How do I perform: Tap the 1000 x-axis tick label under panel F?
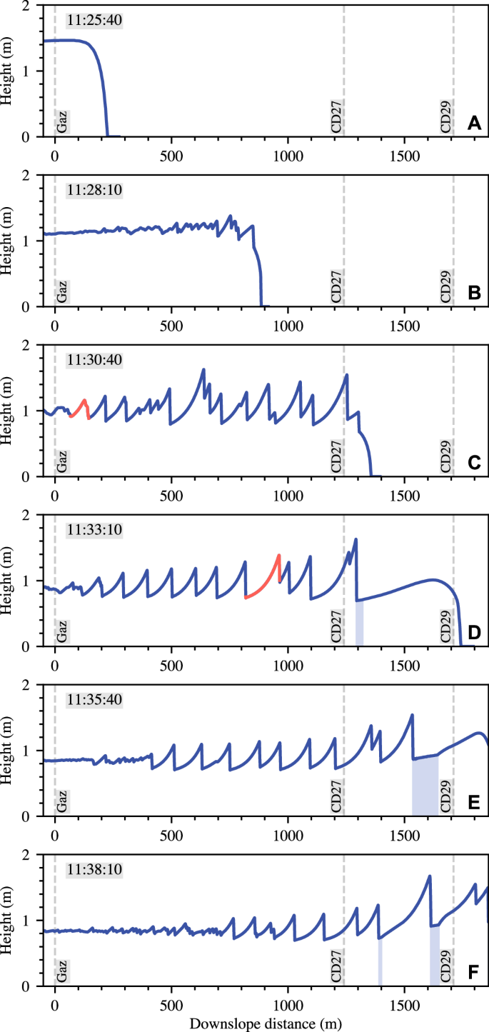[288, 1007]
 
